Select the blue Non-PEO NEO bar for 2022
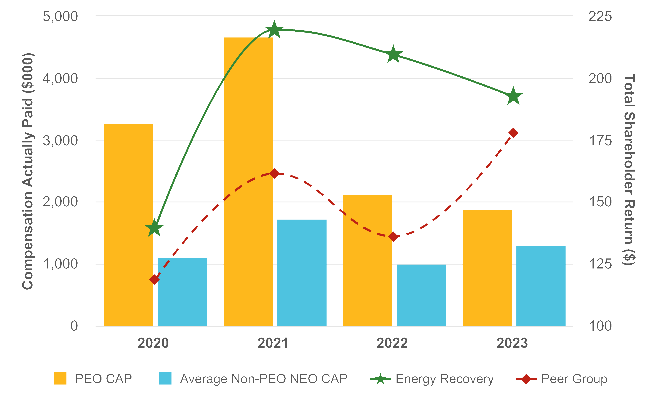[x=421, y=295]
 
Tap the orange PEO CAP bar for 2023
[x=487, y=268]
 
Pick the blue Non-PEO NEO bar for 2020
[x=182, y=292]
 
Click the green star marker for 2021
[x=274, y=30]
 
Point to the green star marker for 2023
[x=513, y=96]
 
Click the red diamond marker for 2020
[x=154, y=279]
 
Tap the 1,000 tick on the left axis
[x=60, y=264]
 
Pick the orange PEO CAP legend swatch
[x=60, y=378]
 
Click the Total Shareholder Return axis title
[x=629, y=170]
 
